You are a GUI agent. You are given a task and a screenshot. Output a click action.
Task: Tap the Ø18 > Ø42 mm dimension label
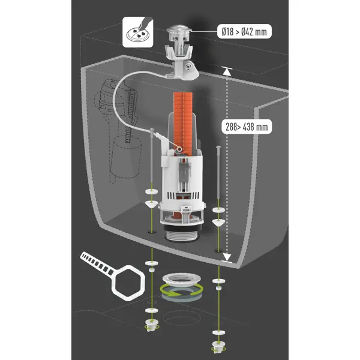click(244, 31)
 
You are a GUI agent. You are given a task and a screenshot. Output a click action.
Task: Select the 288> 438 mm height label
click(247, 127)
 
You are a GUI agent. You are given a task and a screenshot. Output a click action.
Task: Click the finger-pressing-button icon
click(138, 32)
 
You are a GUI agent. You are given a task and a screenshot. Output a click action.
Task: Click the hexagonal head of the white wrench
click(128, 283)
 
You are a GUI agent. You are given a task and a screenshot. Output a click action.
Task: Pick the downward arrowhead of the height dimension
click(227, 257)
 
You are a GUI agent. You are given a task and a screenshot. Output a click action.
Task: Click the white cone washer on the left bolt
click(152, 203)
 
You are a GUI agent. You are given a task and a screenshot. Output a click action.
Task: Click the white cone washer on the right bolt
click(218, 222)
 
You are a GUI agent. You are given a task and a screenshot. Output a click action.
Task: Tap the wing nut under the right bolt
click(218, 346)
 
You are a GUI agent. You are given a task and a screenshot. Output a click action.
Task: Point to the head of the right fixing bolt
click(218, 147)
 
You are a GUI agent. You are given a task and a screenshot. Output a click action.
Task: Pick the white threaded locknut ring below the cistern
click(181, 279)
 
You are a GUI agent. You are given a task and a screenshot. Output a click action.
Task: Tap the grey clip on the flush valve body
click(185, 170)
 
